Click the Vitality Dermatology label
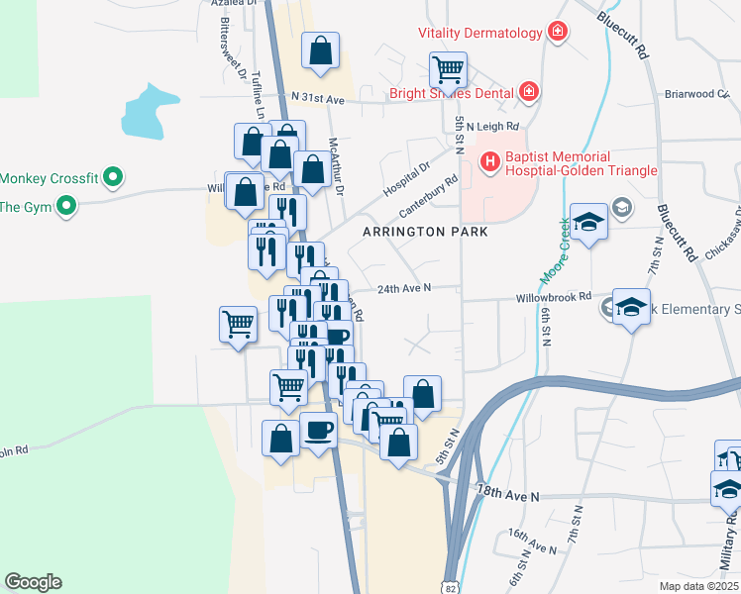(480, 33)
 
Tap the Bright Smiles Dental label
(452, 93)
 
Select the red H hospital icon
(489, 161)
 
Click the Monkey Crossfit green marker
(113, 178)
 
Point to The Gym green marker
(66, 207)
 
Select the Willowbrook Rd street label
(553, 296)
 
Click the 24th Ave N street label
(403, 288)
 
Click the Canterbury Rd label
(428, 198)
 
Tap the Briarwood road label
(695, 94)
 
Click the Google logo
(33, 582)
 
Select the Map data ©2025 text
(698, 586)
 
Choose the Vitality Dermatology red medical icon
(558, 33)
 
